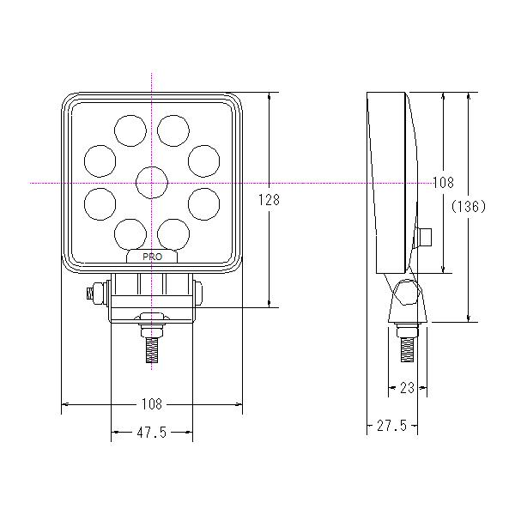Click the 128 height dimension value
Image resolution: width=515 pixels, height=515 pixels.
pyautogui.click(x=269, y=199)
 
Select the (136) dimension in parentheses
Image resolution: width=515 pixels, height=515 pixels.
pyautogui.click(x=470, y=206)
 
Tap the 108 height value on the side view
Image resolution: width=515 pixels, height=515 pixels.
pyautogui.click(x=443, y=182)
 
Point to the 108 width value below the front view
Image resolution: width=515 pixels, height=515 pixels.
pyautogui.click(x=153, y=404)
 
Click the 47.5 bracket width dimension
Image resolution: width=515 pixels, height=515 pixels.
pyautogui.click(x=152, y=432)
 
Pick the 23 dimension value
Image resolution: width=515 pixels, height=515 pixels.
pyautogui.click(x=408, y=388)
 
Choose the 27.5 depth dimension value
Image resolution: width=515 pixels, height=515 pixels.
pyautogui.click(x=391, y=426)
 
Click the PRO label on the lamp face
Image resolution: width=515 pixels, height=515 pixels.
pyautogui.click(x=153, y=257)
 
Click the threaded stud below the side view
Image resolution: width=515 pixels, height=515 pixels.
pyautogui.click(x=408, y=348)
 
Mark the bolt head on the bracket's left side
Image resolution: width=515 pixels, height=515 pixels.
pyautogui.click(x=88, y=294)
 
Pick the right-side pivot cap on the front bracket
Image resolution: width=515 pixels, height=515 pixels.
pyautogui.click(x=199, y=294)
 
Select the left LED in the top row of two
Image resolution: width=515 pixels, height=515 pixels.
pyautogui.click(x=129, y=129)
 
